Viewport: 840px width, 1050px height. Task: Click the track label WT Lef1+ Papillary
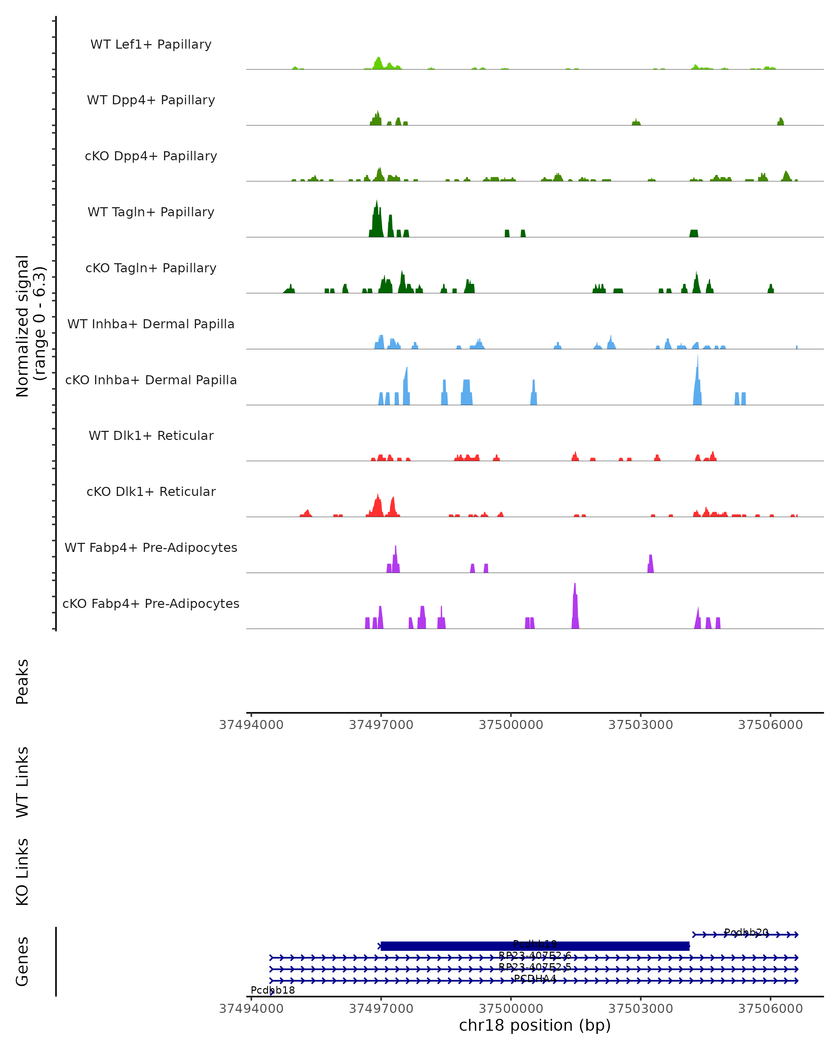click(151, 45)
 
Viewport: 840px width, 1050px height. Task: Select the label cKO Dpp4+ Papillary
click(151, 156)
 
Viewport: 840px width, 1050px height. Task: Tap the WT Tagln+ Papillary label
click(151, 212)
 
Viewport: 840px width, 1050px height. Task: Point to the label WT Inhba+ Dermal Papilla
click(151, 324)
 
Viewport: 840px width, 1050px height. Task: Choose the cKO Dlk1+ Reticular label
click(151, 492)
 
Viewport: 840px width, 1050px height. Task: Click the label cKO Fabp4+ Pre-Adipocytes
click(151, 604)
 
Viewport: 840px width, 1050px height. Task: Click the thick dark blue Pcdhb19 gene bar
click(535, 946)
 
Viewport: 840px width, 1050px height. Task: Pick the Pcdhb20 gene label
click(746, 932)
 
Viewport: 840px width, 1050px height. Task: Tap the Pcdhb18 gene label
click(273, 990)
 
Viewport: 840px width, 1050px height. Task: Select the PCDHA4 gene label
click(535, 978)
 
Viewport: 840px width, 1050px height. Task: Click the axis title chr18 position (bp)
click(535, 1025)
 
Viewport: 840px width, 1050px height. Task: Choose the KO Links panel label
click(22, 872)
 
